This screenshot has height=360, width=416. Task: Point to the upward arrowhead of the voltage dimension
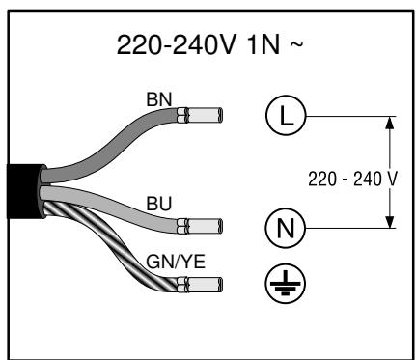click(x=390, y=123)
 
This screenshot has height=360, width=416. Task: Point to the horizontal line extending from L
click(x=347, y=117)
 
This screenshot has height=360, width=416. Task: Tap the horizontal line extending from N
click(x=347, y=229)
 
